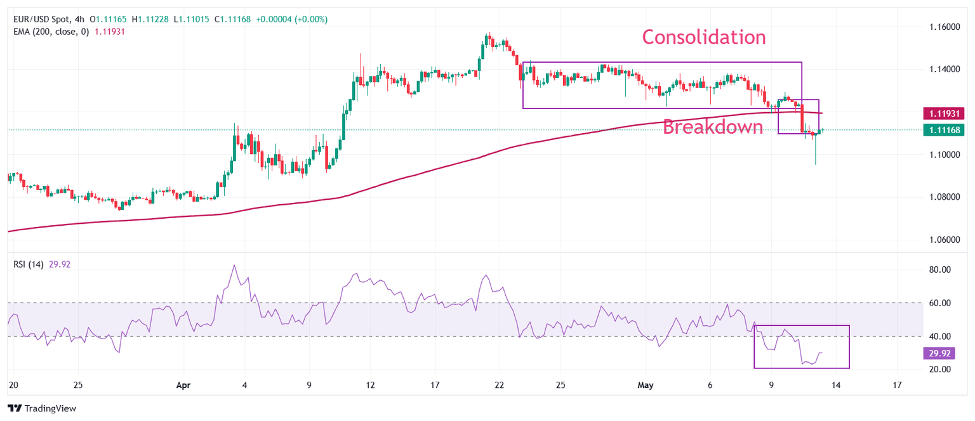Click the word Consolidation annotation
tap(704, 37)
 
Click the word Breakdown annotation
tap(712, 127)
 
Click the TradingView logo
tap(42, 408)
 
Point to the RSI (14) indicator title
tap(29, 264)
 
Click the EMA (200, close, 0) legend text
tap(52, 31)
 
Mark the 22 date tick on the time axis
tap(499, 385)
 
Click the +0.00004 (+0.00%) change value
tap(291, 20)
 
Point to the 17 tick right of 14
tap(897, 385)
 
